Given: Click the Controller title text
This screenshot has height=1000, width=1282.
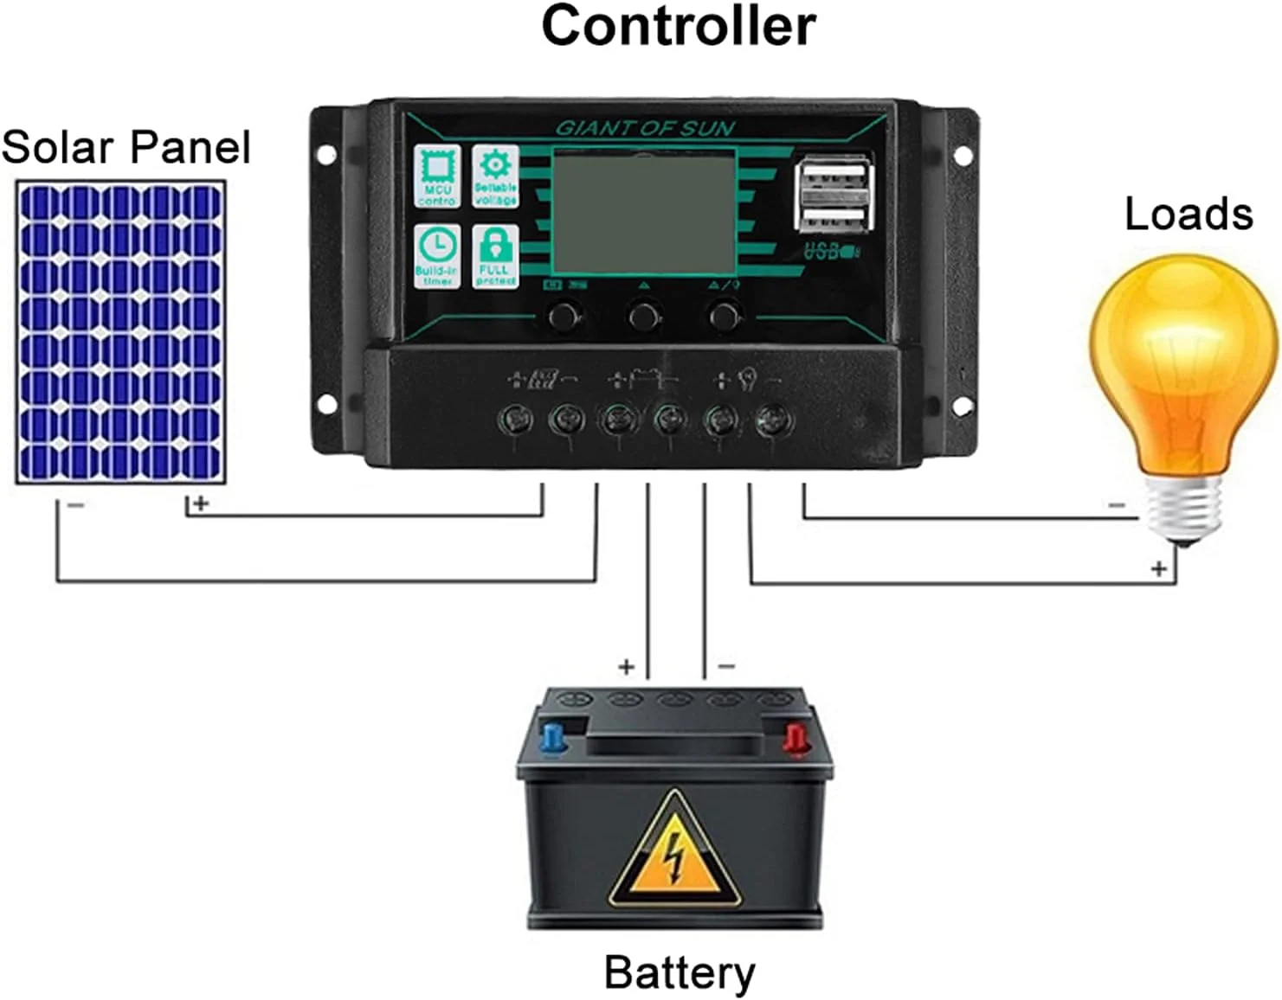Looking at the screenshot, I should pyautogui.click(x=678, y=26).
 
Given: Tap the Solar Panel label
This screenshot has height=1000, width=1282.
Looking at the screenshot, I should pyautogui.click(x=126, y=147).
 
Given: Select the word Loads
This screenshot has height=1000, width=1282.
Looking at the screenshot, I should pyautogui.click(x=1188, y=214).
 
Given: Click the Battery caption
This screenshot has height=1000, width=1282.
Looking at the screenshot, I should pyautogui.click(x=680, y=972).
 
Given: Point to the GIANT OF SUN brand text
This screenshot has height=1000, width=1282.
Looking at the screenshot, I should pyautogui.click(x=645, y=129).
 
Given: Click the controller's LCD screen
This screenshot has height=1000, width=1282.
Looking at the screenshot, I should pyautogui.click(x=644, y=212).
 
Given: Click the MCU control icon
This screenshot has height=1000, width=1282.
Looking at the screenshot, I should pyautogui.click(x=437, y=176).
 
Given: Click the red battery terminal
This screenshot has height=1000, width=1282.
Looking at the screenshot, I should pyautogui.click(x=794, y=738).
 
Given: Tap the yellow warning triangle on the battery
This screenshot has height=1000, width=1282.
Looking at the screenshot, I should pyautogui.click(x=674, y=853).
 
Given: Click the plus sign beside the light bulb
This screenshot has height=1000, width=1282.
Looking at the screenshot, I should pyautogui.click(x=1158, y=568).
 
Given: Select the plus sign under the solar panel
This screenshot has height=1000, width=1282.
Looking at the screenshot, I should pyautogui.click(x=201, y=503).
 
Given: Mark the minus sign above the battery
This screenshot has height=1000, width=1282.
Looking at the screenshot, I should pyautogui.click(x=727, y=666).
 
